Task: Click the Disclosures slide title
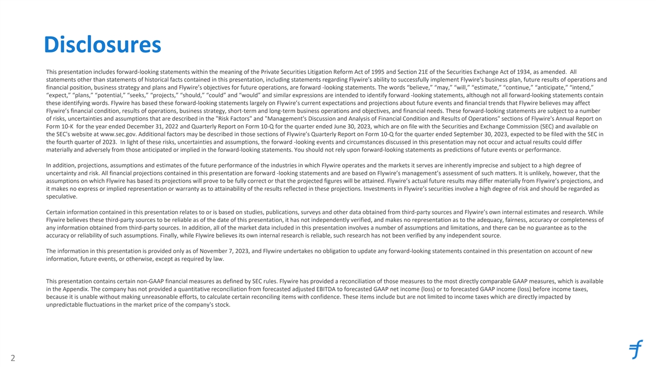point(103,45)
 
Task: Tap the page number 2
point(12,358)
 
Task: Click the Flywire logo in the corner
point(636,349)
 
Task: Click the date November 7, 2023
point(237,251)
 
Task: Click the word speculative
point(62,197)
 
